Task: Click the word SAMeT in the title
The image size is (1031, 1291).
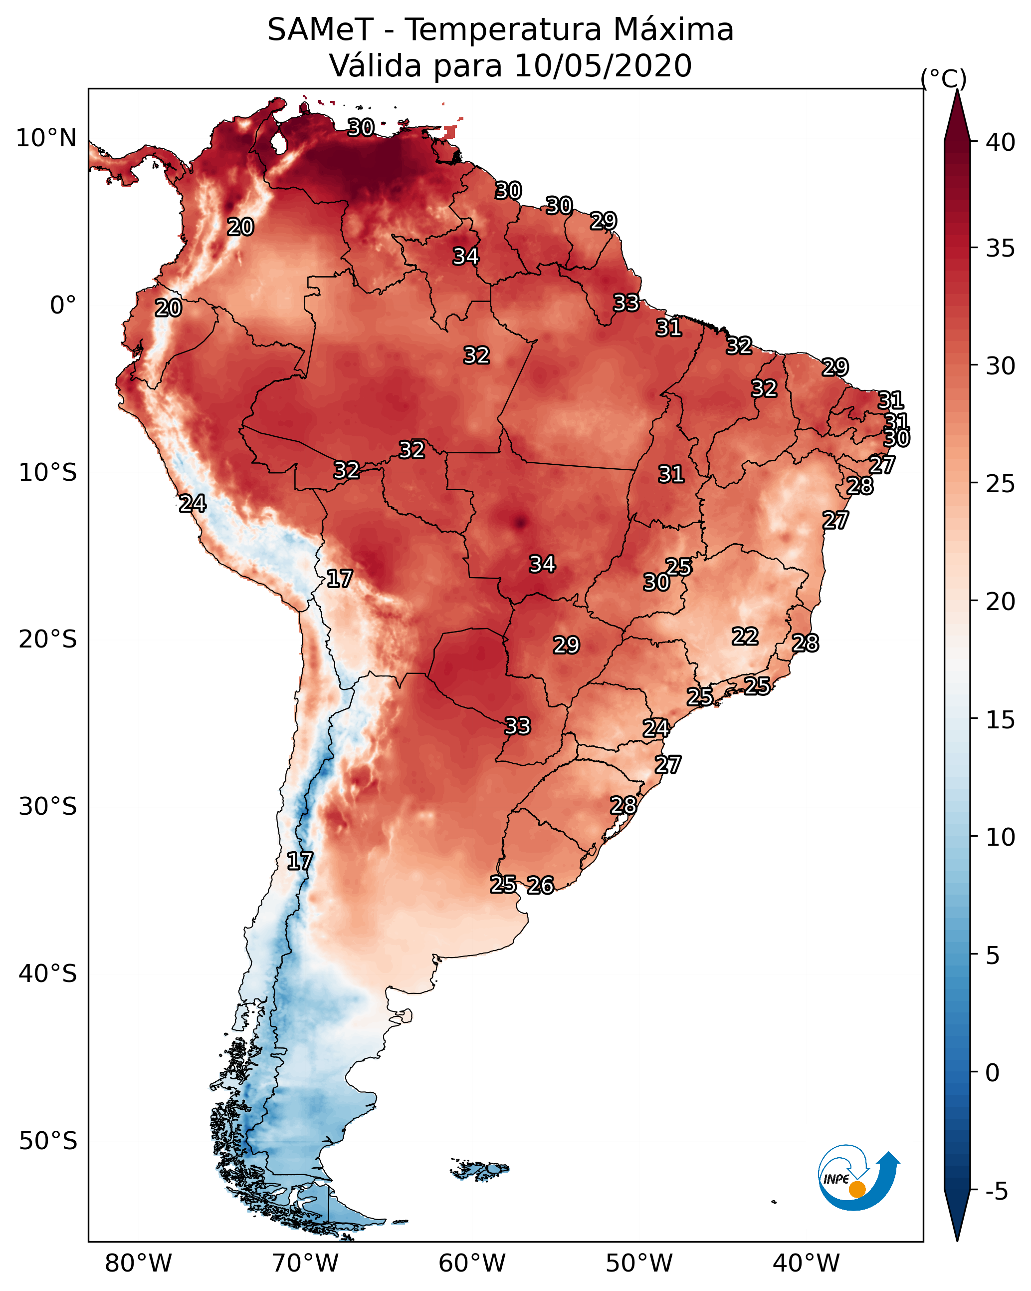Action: coord(320,30)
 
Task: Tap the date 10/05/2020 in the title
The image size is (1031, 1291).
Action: coord(603,66)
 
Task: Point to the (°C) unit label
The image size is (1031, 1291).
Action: coord(944,78)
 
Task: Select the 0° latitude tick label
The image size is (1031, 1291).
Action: coord(63,306)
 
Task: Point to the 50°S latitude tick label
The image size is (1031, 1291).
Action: coord(48,1141)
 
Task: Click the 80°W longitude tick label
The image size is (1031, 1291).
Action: coord(138,1264)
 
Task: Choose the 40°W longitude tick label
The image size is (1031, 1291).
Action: coord(807,1264)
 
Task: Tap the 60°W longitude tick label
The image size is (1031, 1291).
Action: coord(472,1264)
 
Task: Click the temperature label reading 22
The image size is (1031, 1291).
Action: coord(745,636)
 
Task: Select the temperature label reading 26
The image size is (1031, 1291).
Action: coord(540,885)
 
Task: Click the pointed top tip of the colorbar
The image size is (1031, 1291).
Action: coord(957,90)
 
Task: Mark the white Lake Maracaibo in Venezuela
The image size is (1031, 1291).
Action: coord(278,143)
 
